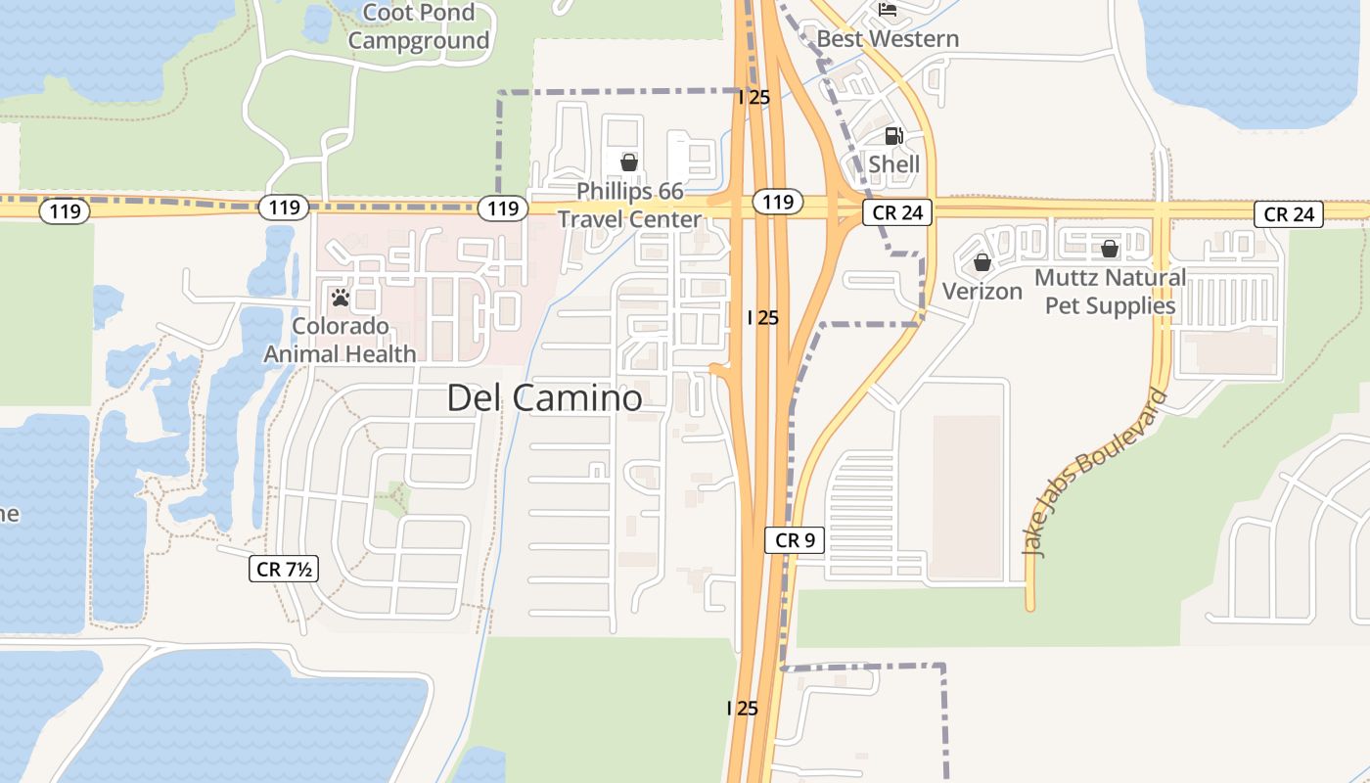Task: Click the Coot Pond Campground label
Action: click(x=418, y=26)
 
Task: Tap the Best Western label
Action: click(x=888, y=38)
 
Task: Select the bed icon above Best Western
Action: click(x=888, y=10)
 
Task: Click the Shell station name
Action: click(x=894, y=163)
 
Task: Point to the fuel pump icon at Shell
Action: click(x=893, y=136)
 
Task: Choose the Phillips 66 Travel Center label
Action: click(x=629, y=205)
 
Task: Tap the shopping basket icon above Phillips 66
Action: click(x=629, y=161)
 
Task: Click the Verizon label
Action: click(x=982, y=291)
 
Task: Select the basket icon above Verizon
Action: click(x=982, y=262)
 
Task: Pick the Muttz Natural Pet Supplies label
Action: click(x=1110, y=291)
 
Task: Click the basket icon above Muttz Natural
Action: click(x=1110, y=249)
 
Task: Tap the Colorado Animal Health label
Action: click(x=340, y=340)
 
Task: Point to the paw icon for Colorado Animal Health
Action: click(x=341, y=297)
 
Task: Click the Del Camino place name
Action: click(x=544, y=397)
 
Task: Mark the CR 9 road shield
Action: click(x=795, y=539)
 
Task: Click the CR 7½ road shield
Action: click(x=284, y=569)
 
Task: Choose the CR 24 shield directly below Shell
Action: click(x=893, y=213)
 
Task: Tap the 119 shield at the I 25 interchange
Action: click(x=777, y=202)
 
